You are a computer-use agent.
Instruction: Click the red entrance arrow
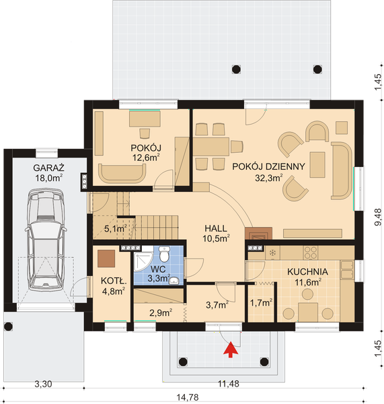click(x=230, y=349)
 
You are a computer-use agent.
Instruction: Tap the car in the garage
click(x=46, y=240)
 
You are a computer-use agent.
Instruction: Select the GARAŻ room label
click(x=48, y=168)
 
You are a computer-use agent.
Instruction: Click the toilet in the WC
click(x=163, y=254)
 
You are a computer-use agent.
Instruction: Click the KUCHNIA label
click(x=307, y=271)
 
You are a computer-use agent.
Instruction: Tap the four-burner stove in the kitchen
click(x=311, y=252)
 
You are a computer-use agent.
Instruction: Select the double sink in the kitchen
click(x=347, y=270)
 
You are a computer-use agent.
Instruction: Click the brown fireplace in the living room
click(x=258, y=234)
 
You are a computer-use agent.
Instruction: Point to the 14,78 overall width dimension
click(x=188, y=397)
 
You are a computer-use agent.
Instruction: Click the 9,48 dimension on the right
click(x=378, y=217)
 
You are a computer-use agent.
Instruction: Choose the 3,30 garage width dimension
click(x=43, y=384)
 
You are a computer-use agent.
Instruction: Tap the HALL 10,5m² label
click(x=216, y=234)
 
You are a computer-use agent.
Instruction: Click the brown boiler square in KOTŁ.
click(x=106, y=259)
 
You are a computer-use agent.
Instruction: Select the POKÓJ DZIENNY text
click(x=268, y=166)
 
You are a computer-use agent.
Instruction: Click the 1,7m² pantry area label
click(x=261, y=303)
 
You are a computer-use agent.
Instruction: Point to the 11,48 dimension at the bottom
click(x=229, y=384)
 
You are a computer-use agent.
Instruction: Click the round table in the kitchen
click(x=307, y=294)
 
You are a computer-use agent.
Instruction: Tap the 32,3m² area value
click(x=269, y=178)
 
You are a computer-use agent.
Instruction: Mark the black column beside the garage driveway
click(x=9, y=327)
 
